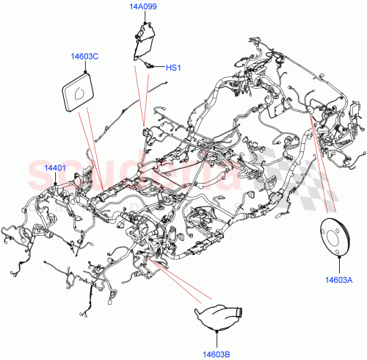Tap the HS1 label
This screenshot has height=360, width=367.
172,68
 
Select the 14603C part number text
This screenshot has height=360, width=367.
86,55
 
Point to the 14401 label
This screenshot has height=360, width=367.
55,168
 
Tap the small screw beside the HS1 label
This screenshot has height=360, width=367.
150,66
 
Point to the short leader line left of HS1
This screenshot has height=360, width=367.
159,68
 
